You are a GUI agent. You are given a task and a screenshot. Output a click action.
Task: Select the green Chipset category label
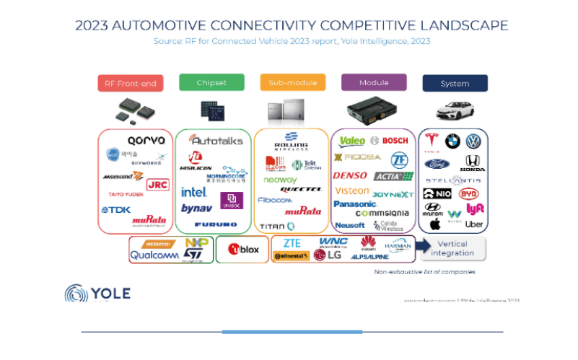point(211,82)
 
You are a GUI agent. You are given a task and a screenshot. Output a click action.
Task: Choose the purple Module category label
point(374,82)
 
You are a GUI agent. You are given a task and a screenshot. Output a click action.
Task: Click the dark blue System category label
point(455,83)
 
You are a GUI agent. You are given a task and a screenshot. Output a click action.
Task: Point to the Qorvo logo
point(146,140)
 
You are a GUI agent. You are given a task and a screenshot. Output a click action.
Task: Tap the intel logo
point(193,192)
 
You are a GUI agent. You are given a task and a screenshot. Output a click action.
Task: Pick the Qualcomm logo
point(154,255)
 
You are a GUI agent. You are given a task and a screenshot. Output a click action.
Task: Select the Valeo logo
point(352,141)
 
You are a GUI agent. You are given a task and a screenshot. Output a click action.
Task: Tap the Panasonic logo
point(355,204)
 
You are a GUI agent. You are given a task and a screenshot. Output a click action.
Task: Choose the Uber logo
point(474,224)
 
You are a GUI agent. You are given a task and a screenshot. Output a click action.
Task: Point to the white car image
point(454,110)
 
